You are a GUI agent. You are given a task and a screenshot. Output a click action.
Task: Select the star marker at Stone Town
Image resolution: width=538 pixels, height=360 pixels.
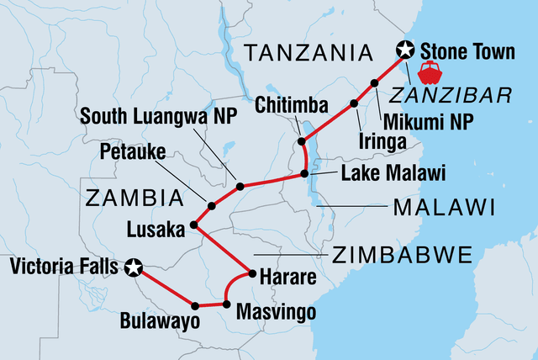click(405, 50)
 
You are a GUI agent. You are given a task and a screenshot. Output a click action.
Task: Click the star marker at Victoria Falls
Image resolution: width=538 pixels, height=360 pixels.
click(132, 268)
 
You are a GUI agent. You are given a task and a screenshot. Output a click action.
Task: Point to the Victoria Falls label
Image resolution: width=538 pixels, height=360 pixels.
click(65, 268)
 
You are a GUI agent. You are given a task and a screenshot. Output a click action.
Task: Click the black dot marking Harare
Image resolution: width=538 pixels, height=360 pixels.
click(251, 274)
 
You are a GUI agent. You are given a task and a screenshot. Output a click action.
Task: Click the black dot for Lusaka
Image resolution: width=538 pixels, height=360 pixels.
click(194, 225)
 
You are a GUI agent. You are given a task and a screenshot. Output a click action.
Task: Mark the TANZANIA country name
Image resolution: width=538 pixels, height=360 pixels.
click(307, 55)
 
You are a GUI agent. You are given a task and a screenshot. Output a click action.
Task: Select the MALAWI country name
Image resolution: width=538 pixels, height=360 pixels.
click(436, 207)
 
